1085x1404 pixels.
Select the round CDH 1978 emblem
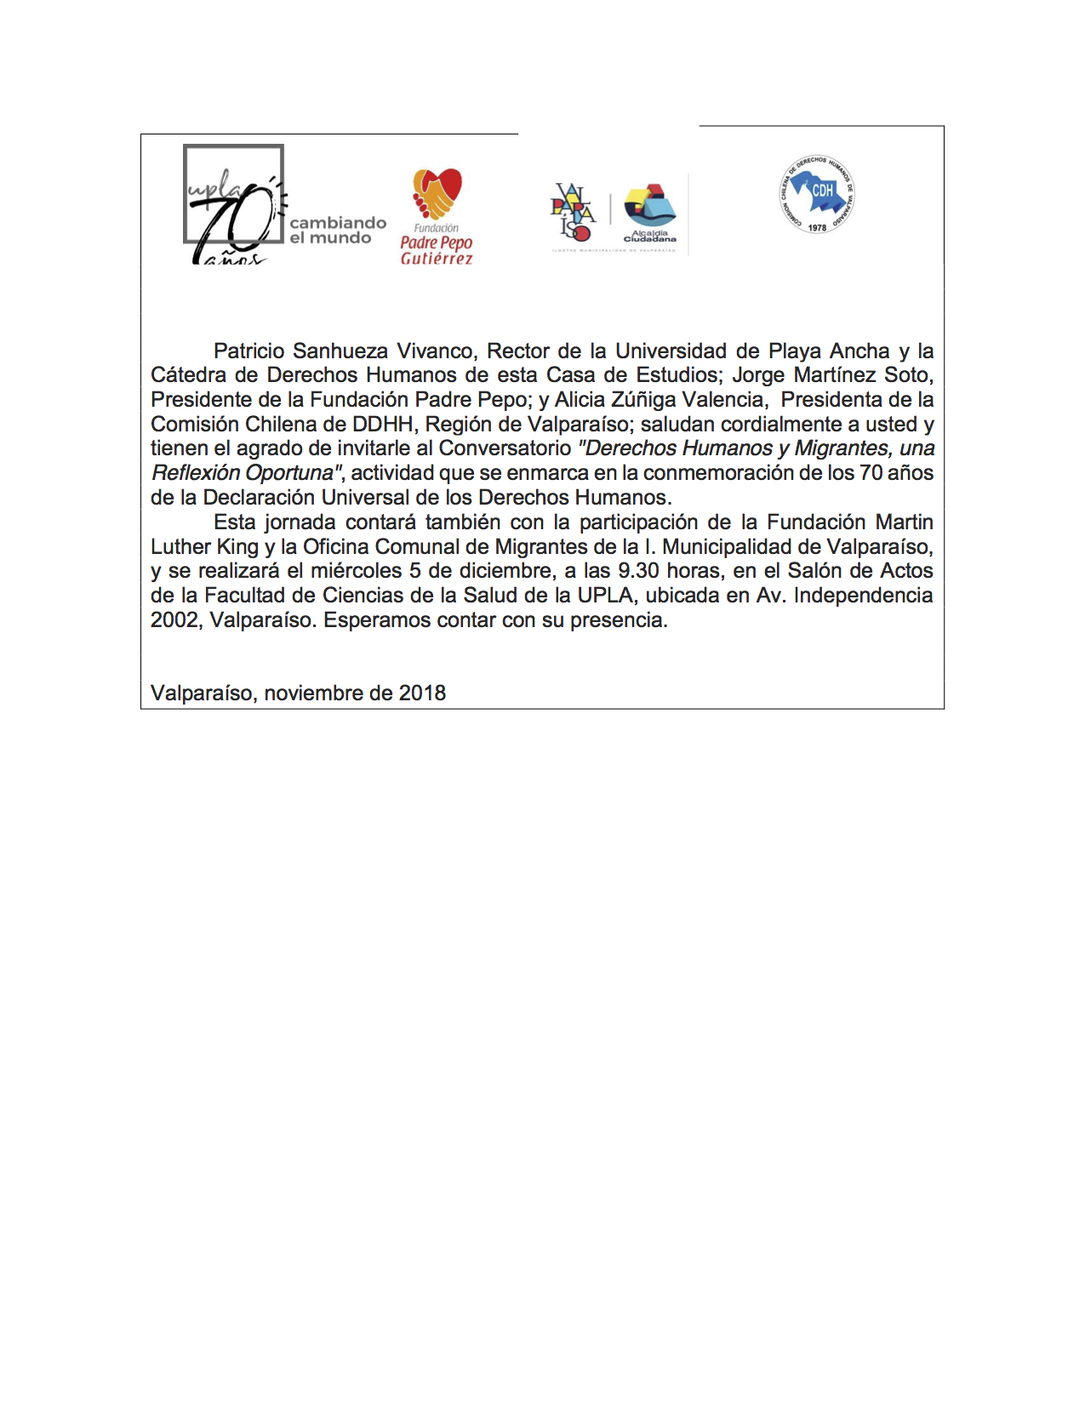tap(817, 195)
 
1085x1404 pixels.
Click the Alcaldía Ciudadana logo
tap(650, 214)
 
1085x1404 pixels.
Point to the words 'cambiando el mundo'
tap(337, 230)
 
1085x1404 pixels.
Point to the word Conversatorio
tap(505, 448)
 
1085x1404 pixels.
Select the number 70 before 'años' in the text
tap(871, 473)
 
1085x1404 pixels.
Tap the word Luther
tap(180, 546)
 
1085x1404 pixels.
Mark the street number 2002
tap(174, 620)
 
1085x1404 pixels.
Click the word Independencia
tap(863, 596)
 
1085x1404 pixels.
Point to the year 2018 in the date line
tap(422, 693)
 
